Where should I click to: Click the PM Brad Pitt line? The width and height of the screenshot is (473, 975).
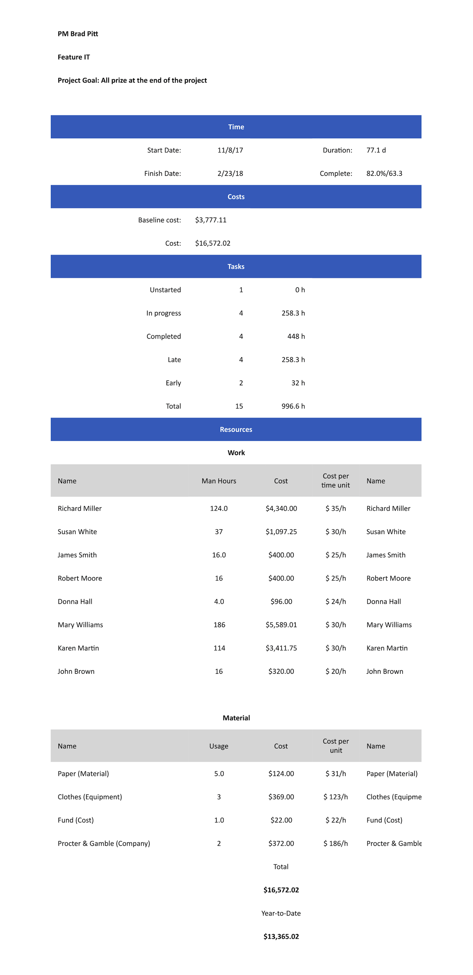coord(78,34)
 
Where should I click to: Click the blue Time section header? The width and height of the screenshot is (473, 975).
coord(236,127)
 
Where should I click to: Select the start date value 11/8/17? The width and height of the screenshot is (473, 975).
coord(230,150)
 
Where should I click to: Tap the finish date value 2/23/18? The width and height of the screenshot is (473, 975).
coord(230,173)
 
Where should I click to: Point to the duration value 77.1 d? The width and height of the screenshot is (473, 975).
coord(376,150)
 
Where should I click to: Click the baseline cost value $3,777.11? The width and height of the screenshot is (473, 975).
coord(211,220)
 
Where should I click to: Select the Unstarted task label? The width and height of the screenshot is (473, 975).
coord(165,290)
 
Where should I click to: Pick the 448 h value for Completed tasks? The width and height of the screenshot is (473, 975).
coord(296,336)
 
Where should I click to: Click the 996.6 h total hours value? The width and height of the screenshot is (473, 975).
coord(293,406)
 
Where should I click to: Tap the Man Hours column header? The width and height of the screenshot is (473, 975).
coord(219,481)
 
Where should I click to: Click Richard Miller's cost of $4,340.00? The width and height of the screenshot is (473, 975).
coord(281,508)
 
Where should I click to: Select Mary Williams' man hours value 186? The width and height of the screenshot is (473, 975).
coord(219,625)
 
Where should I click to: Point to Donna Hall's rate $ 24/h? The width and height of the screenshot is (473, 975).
coord(336,602)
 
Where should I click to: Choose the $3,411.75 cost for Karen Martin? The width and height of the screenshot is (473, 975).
coord(281,648)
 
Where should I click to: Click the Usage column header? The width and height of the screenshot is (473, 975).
coord(219,746)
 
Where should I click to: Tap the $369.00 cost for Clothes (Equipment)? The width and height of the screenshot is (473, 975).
coord(281,797)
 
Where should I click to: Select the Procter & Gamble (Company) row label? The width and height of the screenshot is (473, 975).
coord(104,843)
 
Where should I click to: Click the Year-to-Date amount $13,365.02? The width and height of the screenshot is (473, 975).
coord(281,937)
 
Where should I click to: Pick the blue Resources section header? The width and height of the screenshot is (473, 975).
coord(236,430)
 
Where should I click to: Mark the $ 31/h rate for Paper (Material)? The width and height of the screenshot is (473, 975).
coord(336,773)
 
